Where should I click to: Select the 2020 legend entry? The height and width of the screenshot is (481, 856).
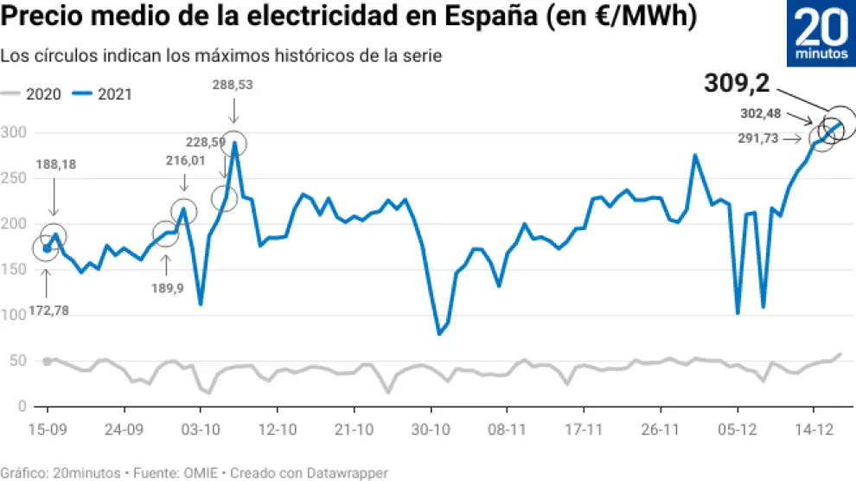(33, 94)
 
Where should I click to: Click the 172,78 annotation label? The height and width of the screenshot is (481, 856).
(43, 310)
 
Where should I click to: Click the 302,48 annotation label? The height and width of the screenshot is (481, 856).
(761, 112)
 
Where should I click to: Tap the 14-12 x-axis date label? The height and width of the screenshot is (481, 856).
(814, 428)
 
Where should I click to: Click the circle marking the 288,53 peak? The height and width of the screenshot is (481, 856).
(233, 144)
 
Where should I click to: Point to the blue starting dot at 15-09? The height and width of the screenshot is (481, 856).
(47, 248)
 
